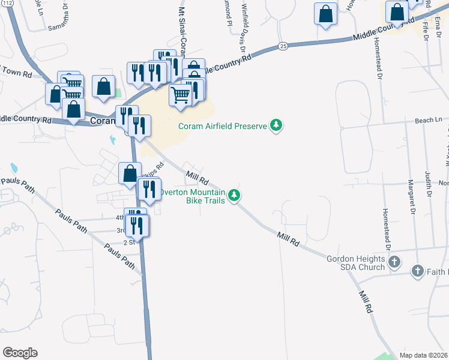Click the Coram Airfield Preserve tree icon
(276, 126)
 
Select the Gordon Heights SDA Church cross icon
(394, 262)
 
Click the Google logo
(20, 353)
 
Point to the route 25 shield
(283, 46)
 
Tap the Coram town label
(102, 121)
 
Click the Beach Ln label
(427, 121)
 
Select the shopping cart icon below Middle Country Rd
(181, 94)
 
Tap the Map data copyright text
(424, 355)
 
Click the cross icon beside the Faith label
(417, 272)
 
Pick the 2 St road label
(128, 242)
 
